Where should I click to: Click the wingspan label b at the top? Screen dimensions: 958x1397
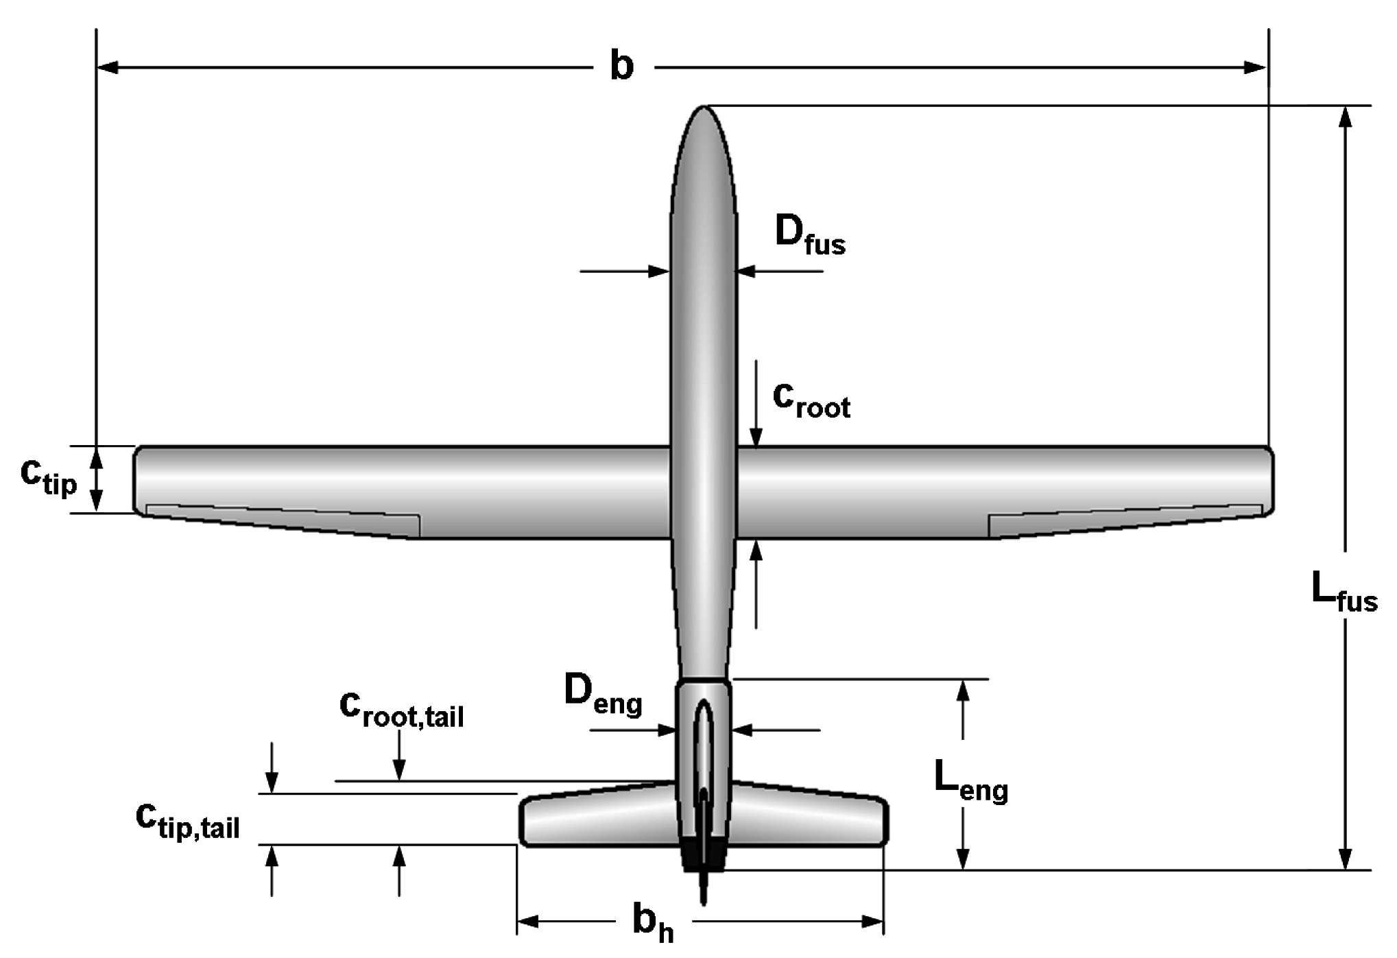pos(622,67)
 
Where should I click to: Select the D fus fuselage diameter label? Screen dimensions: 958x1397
pos(809,235)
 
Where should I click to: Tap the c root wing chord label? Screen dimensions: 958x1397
pos(811,400)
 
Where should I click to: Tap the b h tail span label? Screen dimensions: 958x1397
pos(652,922)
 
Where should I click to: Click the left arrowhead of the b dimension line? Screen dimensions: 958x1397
pos(107,67)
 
